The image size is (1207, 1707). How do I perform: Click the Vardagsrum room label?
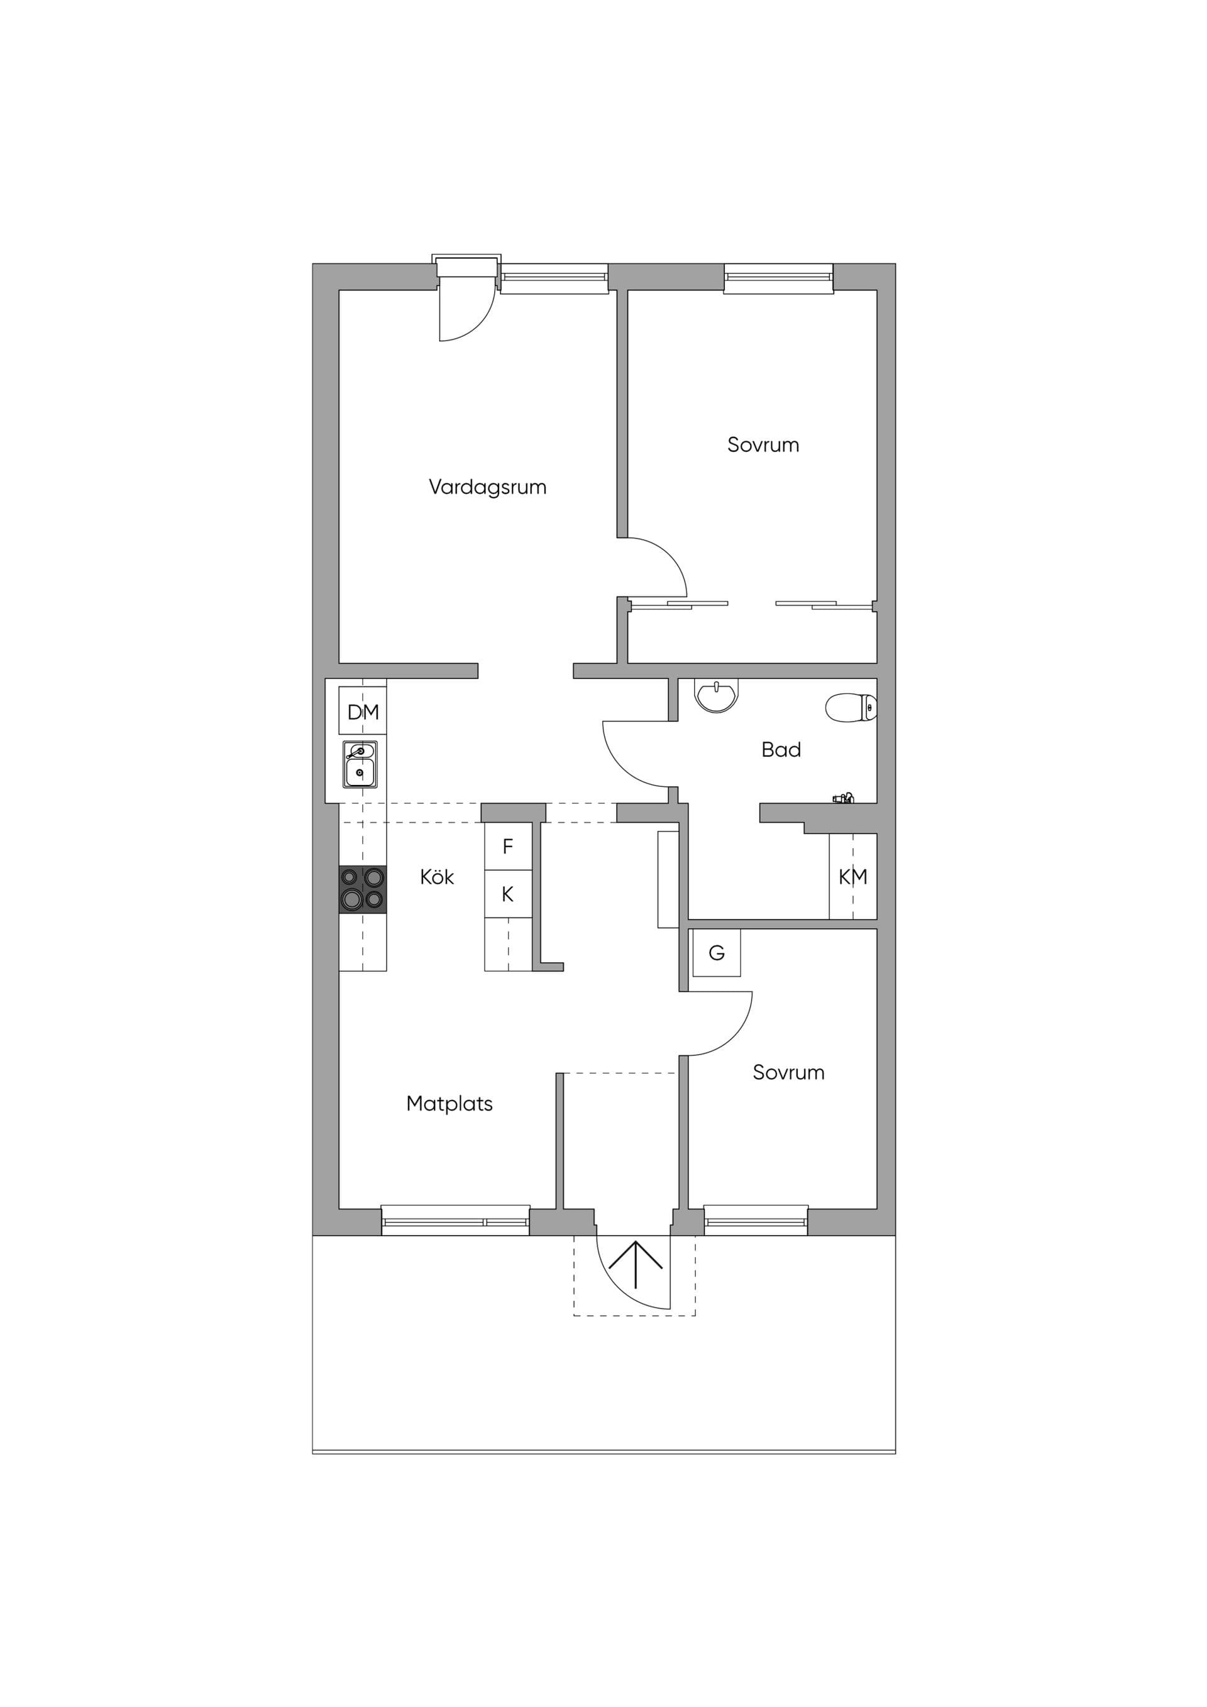(x=487, y=488)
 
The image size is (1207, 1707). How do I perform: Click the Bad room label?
(x=781, y=749)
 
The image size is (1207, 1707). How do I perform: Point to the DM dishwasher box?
(x=363, y=711)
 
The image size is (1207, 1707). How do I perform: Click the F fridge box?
(x=508, y=846)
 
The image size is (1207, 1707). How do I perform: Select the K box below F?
(x=508, y=894)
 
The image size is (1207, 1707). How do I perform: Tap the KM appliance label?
(x=853, y=877)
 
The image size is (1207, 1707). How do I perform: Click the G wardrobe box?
(x=716, y=953)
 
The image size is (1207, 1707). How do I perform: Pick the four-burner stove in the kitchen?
(x=363, y=889)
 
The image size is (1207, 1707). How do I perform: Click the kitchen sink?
(x=360, y=764)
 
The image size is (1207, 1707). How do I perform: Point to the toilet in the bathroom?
(x=852, y=707)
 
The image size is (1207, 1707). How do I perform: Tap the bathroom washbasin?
(x=716, y=695)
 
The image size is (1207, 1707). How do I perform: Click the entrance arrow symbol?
(x=635, y=1264)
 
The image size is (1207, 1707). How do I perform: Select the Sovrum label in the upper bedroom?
(x=763, y=444)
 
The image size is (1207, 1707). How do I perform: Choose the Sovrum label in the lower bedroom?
(x=788, y=1072)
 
